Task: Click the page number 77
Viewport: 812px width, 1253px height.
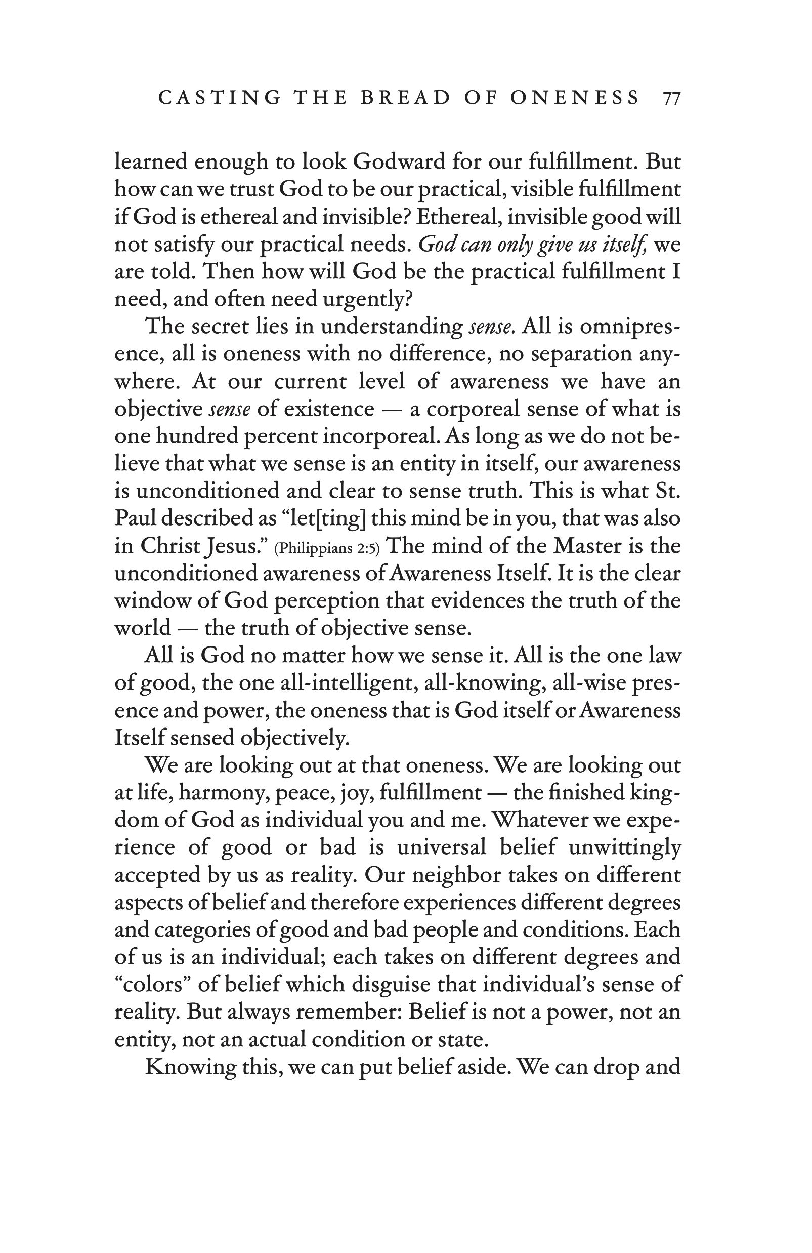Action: (672, 98)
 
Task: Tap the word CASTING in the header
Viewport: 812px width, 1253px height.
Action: (220, 98)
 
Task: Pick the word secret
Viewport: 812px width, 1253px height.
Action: (221, 327)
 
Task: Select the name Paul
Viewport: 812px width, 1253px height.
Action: (135, 518)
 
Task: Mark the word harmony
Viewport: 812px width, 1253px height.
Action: (222, 793)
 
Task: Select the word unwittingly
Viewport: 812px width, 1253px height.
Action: (625, 848)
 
